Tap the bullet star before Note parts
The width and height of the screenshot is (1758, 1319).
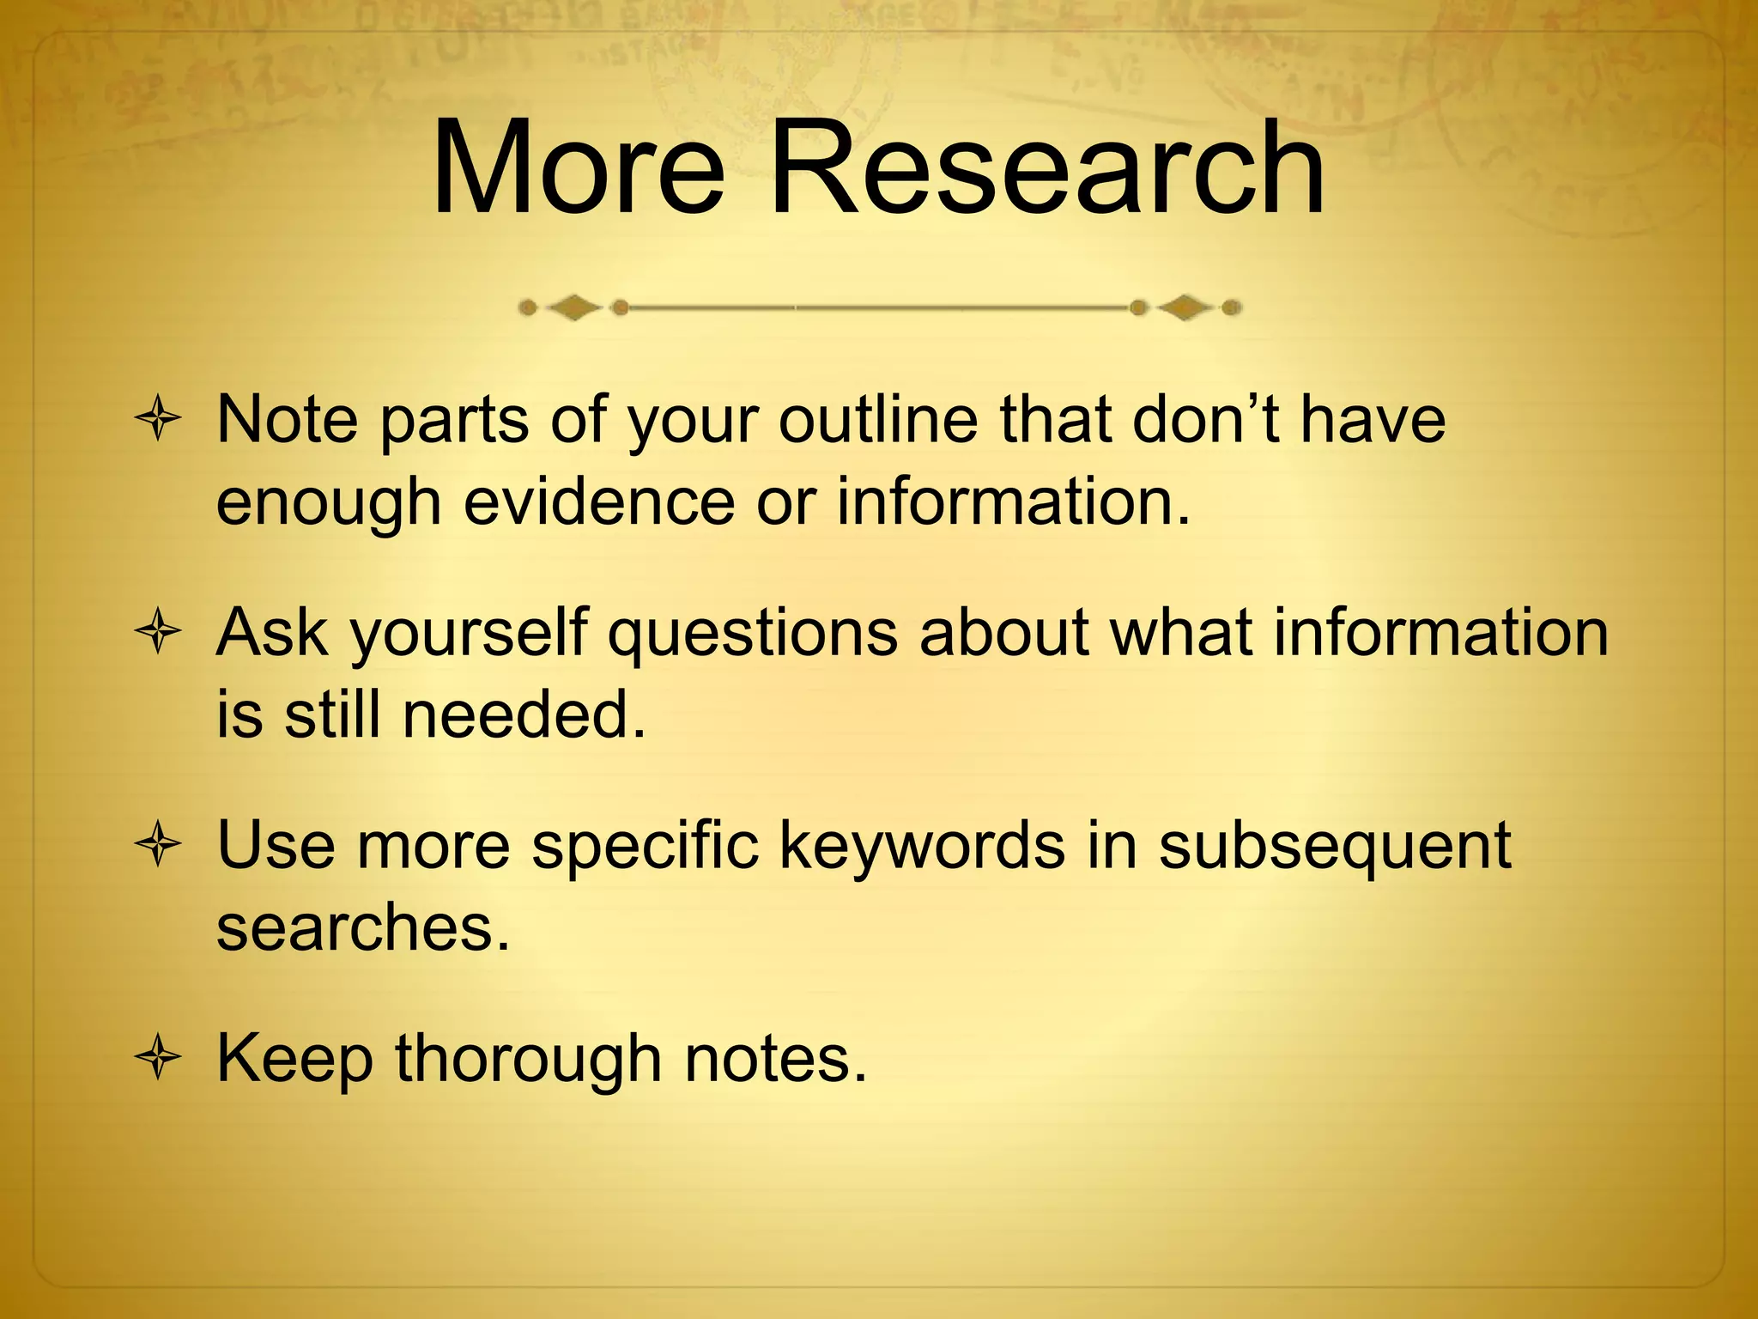pos(158,420)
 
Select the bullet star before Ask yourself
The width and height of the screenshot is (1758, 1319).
pos(158,633)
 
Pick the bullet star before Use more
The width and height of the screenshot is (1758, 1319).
pos(158,846)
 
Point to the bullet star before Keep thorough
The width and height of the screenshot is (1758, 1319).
pos(158,1059)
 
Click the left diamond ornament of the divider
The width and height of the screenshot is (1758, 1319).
pos(573,307)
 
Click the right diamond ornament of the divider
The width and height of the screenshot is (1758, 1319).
pos(1185,307)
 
